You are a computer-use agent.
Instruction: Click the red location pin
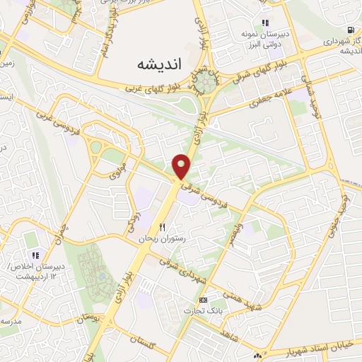pos(182,166)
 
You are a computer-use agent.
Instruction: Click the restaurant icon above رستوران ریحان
pos(163,228)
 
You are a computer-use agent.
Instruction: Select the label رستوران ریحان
pos(163,240)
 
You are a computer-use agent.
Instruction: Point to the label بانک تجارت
pos(204,311)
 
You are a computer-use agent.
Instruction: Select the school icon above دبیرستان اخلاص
pos(33,255)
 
